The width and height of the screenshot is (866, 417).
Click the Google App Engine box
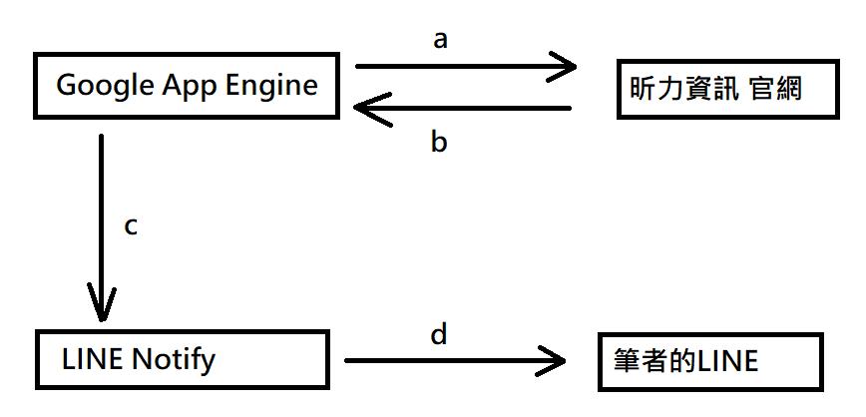tap(187, 86)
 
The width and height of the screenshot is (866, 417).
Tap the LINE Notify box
tap(181, 358)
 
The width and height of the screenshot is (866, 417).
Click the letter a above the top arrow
tap(441, 39)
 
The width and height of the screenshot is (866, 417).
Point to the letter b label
tap(439, 143)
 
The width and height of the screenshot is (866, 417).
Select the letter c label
tap(130, 225)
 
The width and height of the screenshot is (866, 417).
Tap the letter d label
tap(439, 333)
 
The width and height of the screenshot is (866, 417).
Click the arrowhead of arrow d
tap(554, 360)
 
